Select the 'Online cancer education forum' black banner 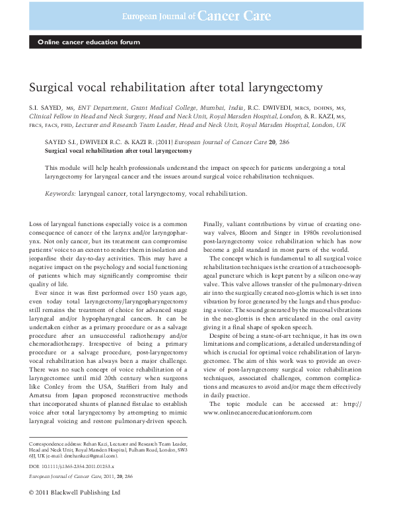[x=89, y=43]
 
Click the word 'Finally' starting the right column [x=215, y=227]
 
